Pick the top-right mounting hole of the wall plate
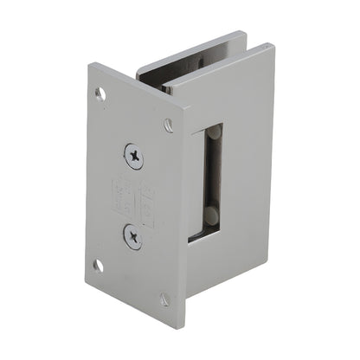coord(168,125)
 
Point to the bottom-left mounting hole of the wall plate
coord(99,266)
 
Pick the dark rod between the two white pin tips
coord(211,178)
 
